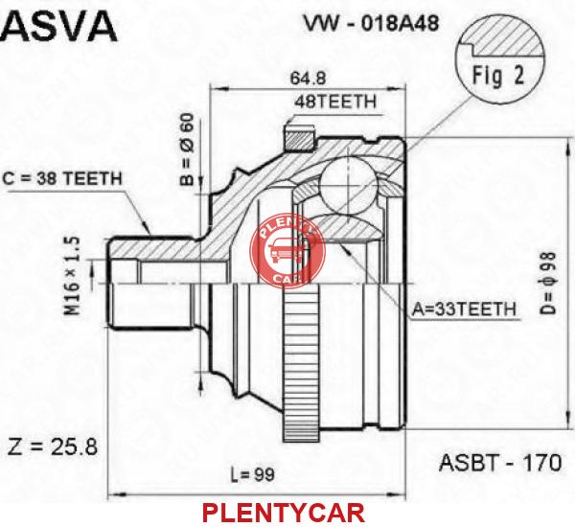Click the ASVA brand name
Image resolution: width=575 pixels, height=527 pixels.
coord(58,27)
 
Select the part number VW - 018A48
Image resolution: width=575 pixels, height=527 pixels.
coord(371,24)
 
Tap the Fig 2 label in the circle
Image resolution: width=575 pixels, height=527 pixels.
coord(498,76)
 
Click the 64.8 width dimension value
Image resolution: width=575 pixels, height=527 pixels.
coord(308,78)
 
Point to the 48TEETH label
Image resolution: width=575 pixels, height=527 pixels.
coord(335,102)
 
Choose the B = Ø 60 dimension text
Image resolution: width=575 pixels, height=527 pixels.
coord(187,149)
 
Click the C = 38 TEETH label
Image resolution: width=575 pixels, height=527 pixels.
coord(61,178)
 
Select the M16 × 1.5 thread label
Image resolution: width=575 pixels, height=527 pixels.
coord(73,276)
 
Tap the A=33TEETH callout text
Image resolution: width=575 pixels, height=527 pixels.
coord(464,309)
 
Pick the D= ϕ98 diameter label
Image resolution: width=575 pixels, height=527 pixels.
coord(548,283)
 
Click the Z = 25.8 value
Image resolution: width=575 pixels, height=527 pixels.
coord(53,447)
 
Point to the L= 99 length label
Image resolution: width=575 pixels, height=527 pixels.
coord(252,475)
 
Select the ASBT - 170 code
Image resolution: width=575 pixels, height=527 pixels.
coord(500,463)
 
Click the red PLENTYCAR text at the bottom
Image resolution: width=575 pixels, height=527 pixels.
coord(284,513)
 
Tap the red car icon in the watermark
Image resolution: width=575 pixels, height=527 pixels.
coord(286,250)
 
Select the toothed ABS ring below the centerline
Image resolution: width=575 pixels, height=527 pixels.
coord(300,363)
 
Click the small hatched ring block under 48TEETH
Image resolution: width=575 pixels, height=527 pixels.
coord(300,139)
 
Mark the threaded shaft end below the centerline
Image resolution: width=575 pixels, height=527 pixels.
coord(150,306)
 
